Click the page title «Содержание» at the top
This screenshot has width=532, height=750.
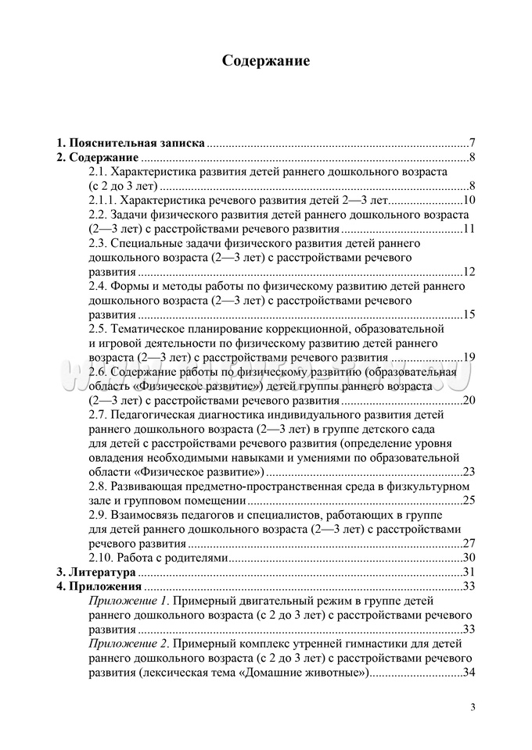coord(265,60)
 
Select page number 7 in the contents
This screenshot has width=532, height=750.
coord(473,144)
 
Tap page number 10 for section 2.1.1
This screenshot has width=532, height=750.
coord(470,201)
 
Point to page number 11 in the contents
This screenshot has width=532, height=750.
coord(470,229)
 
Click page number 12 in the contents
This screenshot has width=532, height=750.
coord(470,272)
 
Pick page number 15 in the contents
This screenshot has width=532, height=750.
coord(470,315)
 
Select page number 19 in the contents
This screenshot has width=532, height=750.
coord(470,358)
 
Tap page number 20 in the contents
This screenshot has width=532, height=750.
coord(470,401)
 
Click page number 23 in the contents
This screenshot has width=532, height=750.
coord(470,472)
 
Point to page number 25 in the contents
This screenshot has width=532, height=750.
coord(470,501)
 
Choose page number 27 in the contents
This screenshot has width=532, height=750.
coord(470,544)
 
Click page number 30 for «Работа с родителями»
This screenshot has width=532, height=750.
coord(470,558)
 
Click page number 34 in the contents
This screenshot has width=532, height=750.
coord(470,673)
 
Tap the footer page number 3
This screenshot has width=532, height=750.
coord(473,708)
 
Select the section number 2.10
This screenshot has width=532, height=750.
coord(101,558)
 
